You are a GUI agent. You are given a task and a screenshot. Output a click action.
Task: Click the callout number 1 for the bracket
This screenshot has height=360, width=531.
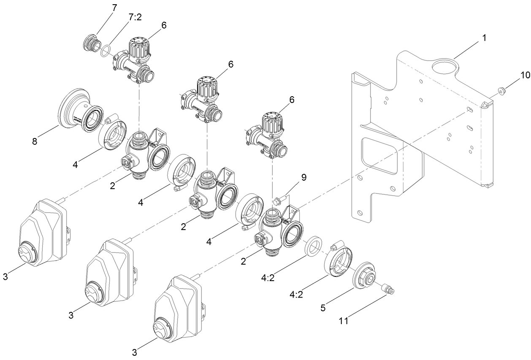coord(484,38)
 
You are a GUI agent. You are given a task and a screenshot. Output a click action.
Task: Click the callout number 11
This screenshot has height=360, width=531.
coord(344,321)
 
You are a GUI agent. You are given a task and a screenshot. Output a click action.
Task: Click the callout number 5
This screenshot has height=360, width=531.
coord(322,308)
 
